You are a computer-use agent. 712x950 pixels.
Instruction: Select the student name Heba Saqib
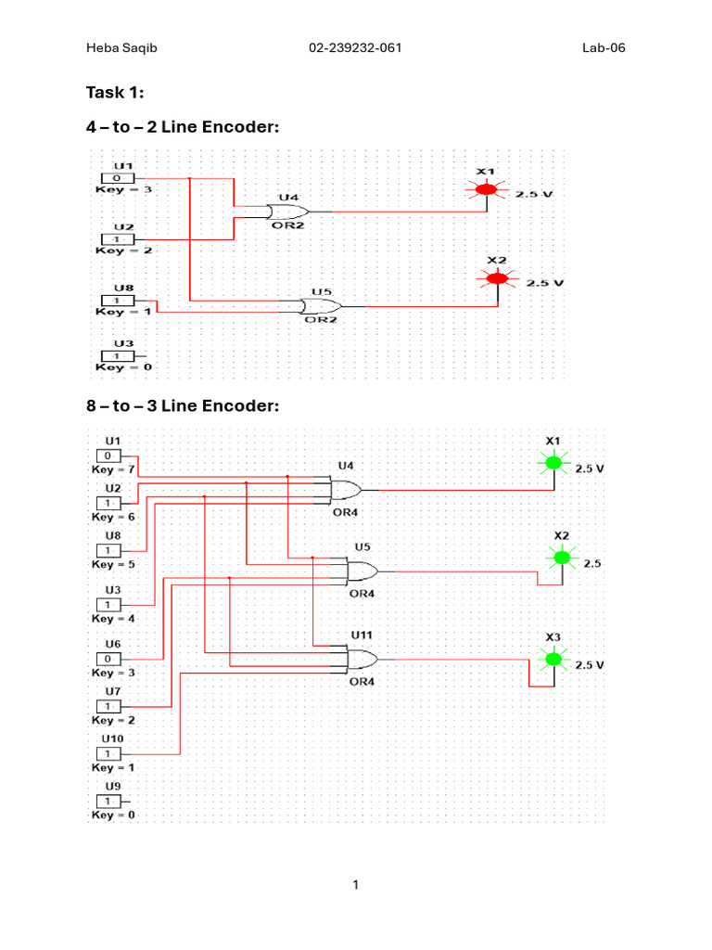coord(121,48)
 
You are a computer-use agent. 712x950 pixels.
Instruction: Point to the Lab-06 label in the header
coord(604,48)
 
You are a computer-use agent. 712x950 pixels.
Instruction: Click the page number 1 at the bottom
coord(355,885)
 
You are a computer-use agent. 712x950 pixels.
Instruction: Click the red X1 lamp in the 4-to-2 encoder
coord(486,190)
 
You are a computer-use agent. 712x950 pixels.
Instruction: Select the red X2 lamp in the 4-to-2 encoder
coord(498,278)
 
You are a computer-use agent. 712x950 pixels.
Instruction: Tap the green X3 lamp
coord(553,659)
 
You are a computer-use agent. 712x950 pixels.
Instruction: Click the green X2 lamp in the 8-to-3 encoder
coord(561,558)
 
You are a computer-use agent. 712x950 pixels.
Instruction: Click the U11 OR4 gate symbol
coord(362,660)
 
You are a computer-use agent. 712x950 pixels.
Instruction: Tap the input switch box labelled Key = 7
coord(108,456)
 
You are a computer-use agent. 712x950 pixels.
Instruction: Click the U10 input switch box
coord(108,753)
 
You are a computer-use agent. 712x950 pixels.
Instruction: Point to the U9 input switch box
coord(108,801)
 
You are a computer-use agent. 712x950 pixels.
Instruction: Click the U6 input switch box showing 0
coord(108,659)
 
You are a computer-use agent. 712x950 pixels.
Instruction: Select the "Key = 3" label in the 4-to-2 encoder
coord(124,189)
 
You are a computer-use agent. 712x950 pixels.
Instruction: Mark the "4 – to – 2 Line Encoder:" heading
coord(183,126)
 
